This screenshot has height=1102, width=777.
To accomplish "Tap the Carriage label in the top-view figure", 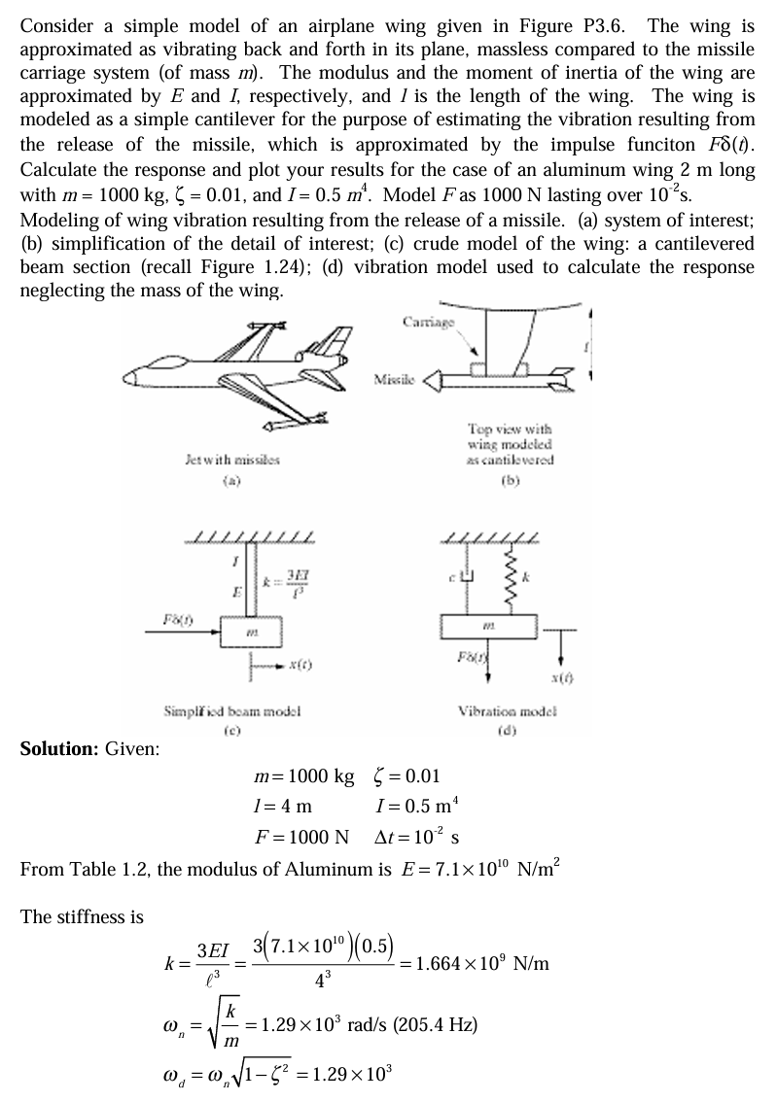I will click(x=424, y=322).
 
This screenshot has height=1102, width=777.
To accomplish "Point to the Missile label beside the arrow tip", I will click(x=395, y=378).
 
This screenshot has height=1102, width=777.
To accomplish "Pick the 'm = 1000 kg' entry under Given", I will click(x=302, y=775).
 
